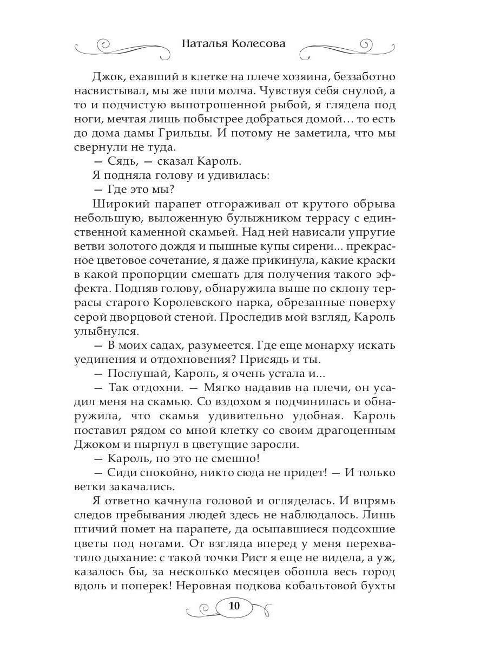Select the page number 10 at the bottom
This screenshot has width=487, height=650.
pyautogui.click(x=234, y=606)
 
